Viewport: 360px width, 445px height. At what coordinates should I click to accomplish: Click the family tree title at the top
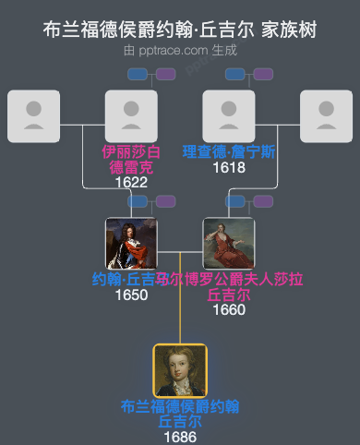point(180,30)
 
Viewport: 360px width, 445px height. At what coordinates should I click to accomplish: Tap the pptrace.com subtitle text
point(180,51)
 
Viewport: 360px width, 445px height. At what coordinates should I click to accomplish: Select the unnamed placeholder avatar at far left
point(33,115)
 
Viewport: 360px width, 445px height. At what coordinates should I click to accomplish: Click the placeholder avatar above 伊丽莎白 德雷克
point(131,115)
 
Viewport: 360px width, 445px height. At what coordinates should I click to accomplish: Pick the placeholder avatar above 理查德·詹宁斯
point(228,115)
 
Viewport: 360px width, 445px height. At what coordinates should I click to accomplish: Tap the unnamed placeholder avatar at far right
point(326,115)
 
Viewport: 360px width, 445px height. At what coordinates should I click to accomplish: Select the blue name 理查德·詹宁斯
point(228,151)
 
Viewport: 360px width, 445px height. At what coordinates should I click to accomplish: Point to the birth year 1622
point(131,183)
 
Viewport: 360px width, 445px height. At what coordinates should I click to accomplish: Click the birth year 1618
point(228,167)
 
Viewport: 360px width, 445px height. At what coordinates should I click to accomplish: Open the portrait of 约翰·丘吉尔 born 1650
point(131,243)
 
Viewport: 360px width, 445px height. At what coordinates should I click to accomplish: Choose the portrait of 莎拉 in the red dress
point(228,243)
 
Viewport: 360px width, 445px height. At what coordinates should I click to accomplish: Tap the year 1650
point(131,295)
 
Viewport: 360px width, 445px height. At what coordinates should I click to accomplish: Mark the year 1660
point(228,309)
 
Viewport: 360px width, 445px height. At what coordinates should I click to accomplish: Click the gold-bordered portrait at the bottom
point(180,370)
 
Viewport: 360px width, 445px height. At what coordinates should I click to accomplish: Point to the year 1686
point(180,436)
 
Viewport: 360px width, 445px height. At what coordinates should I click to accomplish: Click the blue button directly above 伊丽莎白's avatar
point(138,74)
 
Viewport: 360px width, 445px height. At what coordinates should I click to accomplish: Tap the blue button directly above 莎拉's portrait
point(235,201)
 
